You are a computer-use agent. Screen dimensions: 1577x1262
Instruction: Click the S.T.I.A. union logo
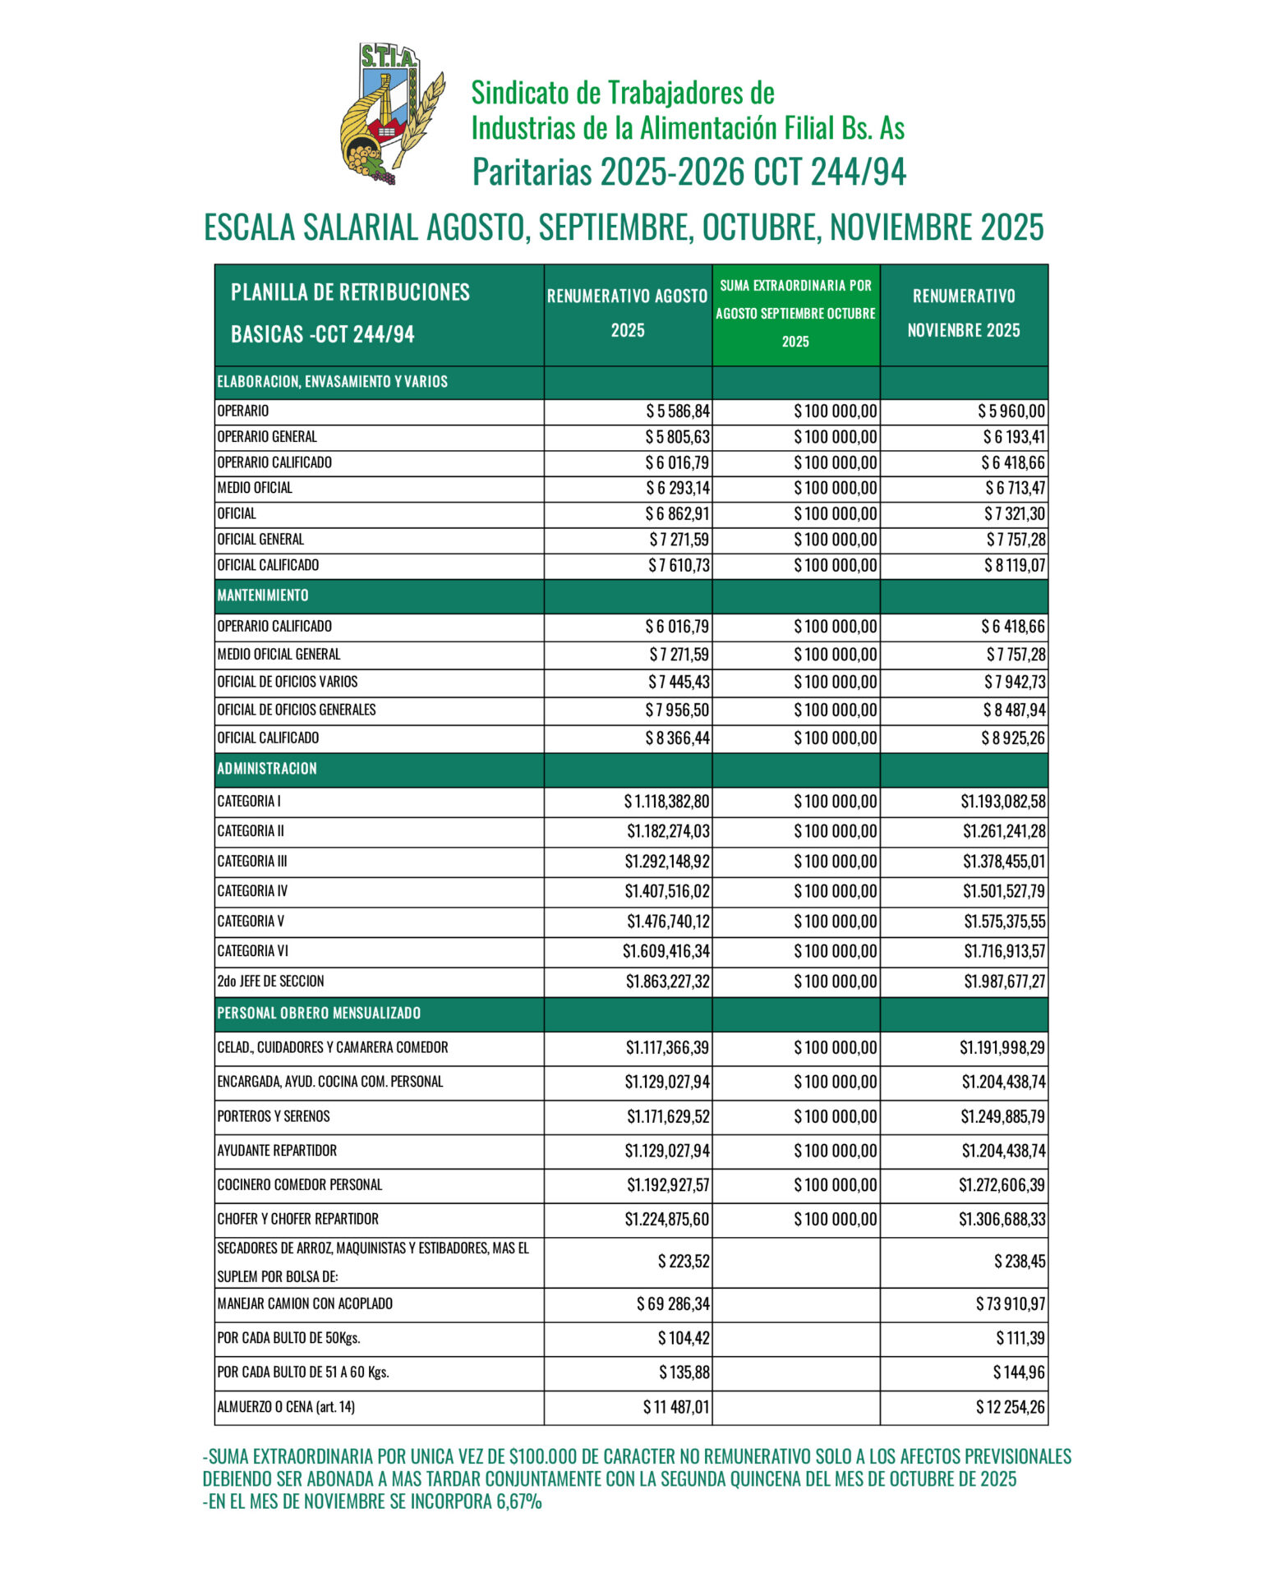[392, 113]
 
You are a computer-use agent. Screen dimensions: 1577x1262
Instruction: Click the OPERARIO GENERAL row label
[267, 437]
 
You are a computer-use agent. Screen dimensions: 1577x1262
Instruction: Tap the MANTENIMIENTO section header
[263, 595]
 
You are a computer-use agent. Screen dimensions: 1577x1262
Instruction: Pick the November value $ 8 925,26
[1012, 738]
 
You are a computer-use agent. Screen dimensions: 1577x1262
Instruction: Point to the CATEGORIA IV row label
[252, 891]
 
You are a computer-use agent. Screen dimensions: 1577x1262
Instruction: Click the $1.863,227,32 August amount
[667, 982]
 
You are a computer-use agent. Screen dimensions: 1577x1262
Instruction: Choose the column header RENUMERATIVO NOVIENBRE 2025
[964, 314]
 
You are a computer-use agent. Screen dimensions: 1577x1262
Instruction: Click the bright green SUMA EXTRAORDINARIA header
[795, 314]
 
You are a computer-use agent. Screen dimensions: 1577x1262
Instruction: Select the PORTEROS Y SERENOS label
[274, 1117]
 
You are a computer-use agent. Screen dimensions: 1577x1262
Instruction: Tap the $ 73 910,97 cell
[1010, 1304]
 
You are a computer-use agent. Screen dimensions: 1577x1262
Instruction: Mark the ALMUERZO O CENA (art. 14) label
[286, 1407]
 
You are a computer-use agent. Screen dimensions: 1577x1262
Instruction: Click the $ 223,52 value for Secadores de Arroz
[684, 1262]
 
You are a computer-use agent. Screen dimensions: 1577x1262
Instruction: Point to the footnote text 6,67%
[518, 1502]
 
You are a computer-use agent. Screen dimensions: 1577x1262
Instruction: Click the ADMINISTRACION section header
[267, 769]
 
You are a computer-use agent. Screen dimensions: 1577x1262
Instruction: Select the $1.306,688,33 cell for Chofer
[1002, 1220]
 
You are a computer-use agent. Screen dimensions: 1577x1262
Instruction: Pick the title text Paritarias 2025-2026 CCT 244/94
[689, 172]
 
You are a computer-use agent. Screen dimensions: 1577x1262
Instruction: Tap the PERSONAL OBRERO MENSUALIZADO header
[319, 1014]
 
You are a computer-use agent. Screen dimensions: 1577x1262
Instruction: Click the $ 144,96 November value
[1019, 1372]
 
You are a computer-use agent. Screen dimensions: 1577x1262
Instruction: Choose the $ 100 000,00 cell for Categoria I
[835, 802]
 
